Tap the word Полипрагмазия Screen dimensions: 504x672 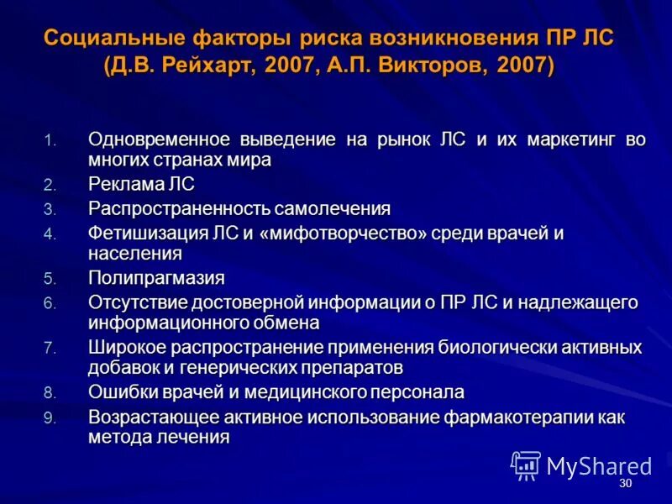click(x=156, y=277)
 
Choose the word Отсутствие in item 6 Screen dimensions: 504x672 click(x=135, y=302)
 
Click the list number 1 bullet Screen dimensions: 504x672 click(x=48, y=140)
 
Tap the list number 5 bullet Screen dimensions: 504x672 click(x=49, y=278)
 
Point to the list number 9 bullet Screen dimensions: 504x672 click(x=49, y=418)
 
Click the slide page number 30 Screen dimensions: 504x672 click(x=624, y=485)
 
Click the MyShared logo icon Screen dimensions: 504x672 click(x=526, y=465)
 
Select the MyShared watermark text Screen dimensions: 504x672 click(x=599, y=466)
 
